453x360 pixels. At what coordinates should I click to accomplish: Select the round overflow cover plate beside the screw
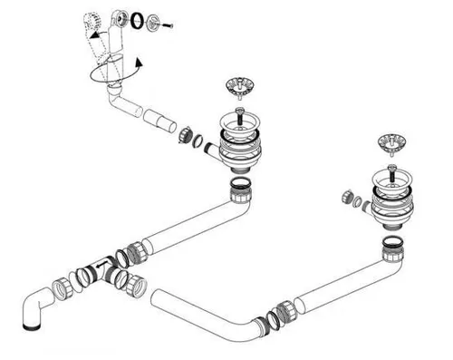click(152, 18)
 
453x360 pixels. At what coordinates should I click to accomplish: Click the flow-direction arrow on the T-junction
click(107, 264)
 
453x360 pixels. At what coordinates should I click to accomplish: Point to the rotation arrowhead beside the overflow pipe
click(138, 63)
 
